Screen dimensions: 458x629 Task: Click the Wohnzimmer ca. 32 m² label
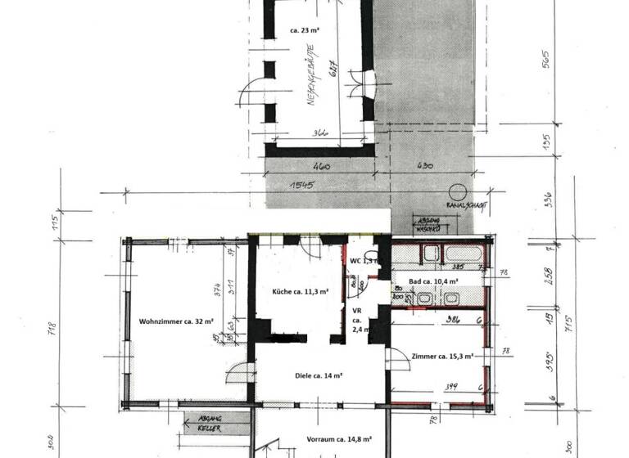(176, 321)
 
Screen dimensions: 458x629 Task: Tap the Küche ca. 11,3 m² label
(301, 291)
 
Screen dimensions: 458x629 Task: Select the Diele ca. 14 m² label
(319, 375)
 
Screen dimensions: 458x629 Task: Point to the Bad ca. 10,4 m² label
(433, 281)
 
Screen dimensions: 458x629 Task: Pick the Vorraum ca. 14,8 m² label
(340, 438)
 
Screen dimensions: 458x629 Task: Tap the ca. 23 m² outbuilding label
(305, 29)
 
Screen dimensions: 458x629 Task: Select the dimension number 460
(321, 166)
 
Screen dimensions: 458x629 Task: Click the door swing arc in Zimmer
(396, 358)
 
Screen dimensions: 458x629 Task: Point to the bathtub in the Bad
(463, 253)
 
